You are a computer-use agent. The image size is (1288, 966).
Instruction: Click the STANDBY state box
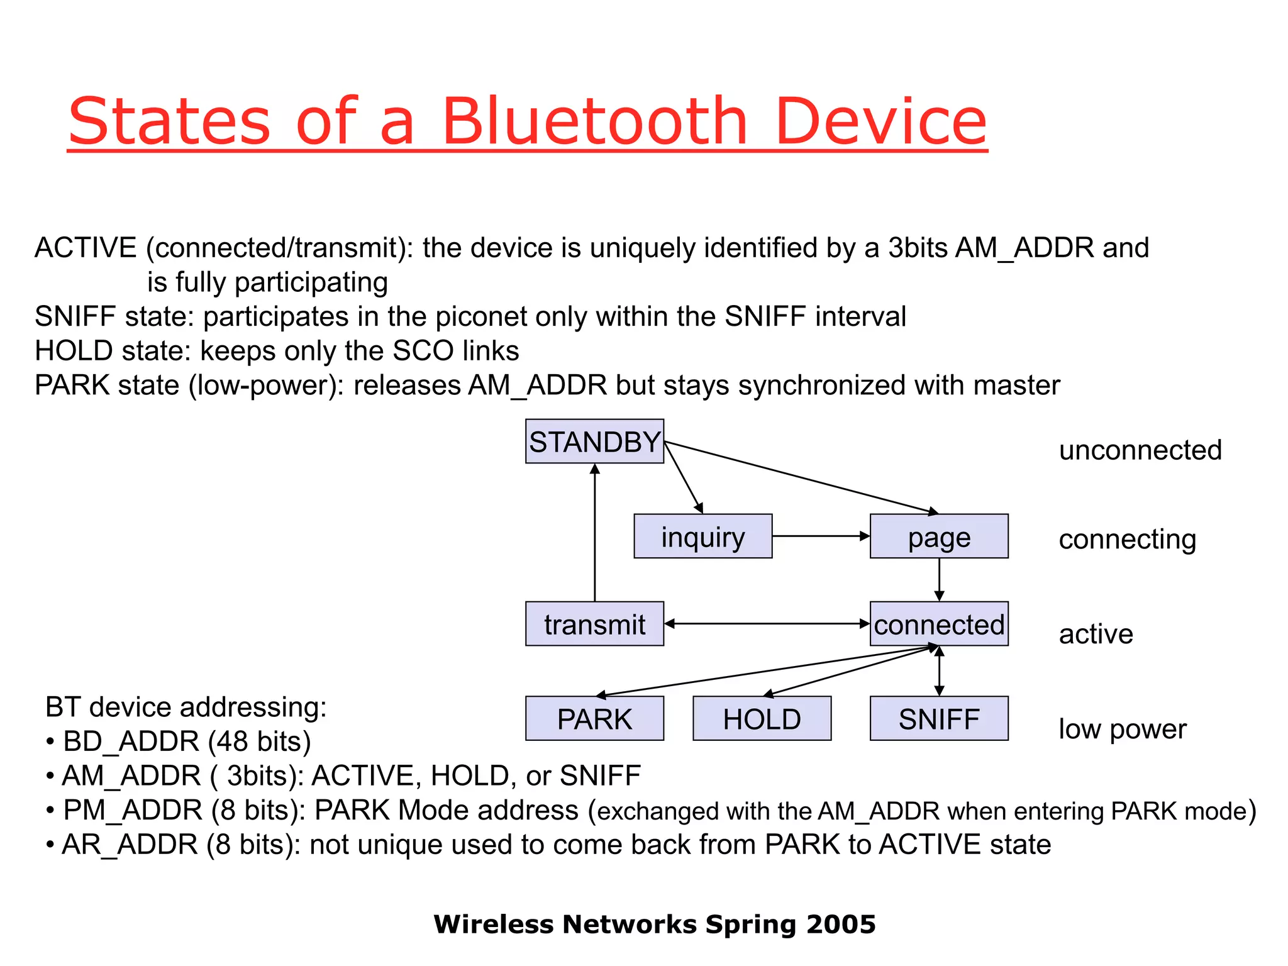coord(594,441)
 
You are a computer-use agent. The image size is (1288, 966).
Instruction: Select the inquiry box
coord(702,536)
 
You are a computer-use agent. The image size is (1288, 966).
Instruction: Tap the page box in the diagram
coord(938,536)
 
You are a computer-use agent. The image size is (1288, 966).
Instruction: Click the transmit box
coord(594,624)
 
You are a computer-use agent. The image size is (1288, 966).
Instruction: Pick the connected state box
coord(938,624)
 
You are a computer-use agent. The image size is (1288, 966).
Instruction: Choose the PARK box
coord(594,718)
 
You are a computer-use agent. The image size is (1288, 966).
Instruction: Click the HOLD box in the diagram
coord(762,718)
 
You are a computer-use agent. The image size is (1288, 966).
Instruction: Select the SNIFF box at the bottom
coord(938,718)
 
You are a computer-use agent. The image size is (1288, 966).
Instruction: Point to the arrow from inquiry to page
coord(821,536)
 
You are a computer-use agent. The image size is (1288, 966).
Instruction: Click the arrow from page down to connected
coord(939,579)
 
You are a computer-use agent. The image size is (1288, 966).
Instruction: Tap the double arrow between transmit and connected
coord(767,624)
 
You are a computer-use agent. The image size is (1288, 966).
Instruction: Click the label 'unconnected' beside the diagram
coord(1140,450)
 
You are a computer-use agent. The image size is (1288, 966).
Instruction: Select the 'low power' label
coord(1122,729)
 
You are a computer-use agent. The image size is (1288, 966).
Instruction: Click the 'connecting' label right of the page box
coord(1127,540)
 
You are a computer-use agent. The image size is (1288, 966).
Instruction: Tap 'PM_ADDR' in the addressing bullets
coord(133,810)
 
